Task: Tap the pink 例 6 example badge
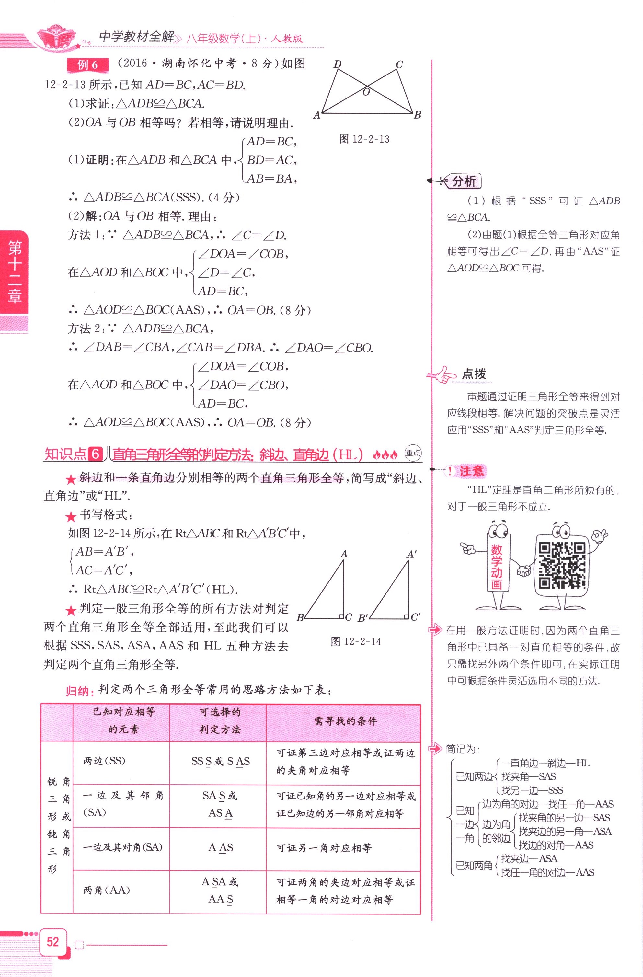[x=87, y=65]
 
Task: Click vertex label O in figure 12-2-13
[x=366, y=92]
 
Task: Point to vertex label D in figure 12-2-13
[x=337, y=64]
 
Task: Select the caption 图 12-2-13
[x=364, y=140]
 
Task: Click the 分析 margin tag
[x=464, y=181]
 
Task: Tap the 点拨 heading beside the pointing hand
[x=474, y=374]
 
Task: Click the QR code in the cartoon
[x=562, y=565]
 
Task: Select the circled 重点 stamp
[x=413, y=453]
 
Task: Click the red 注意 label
[x=471, y=471]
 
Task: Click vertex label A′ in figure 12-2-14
[x=411, y=554]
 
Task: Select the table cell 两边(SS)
[x=104, y=761]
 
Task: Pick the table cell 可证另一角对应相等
[x=324, y=848]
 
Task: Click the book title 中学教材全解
[x=136, y=37]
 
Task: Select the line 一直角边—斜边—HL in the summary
[x=545, y=763]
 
